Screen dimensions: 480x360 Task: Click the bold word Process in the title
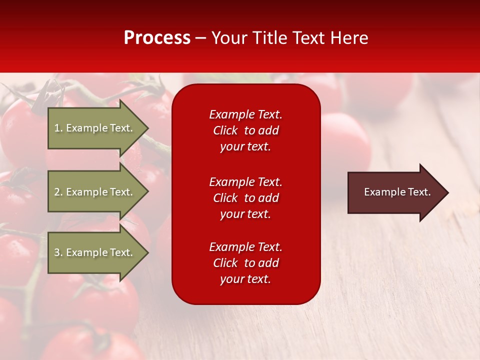click(157, 38)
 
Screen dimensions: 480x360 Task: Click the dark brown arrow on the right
click(398, 192)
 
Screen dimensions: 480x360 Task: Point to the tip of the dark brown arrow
click(448, 192)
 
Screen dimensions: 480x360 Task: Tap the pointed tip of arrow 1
click(148, 128)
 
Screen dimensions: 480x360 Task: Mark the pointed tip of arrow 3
click(148, 252)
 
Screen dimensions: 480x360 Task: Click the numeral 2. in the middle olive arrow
click(59, 192)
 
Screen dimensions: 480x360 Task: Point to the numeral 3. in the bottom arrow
click(59, 252)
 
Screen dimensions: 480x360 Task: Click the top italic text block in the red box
click(246, 130)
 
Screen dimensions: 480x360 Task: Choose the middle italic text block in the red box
click(246, 198)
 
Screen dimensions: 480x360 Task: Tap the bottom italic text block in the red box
click(246, 263)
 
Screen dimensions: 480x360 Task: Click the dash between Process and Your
click(201, 39)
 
